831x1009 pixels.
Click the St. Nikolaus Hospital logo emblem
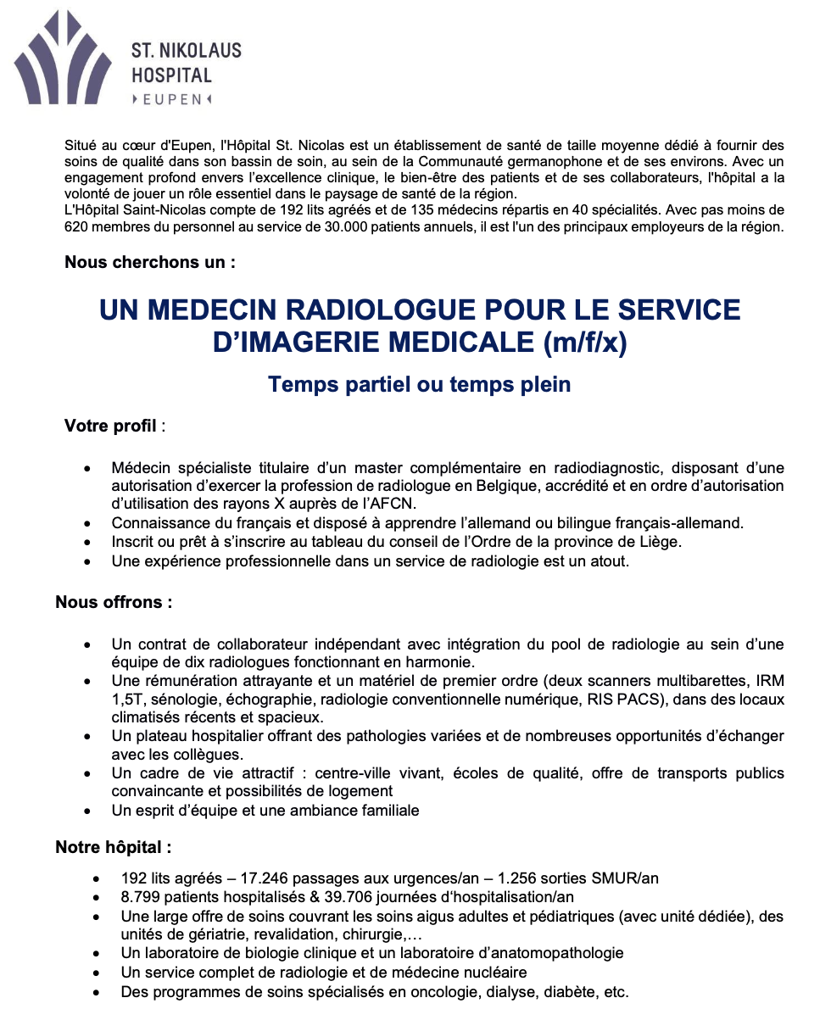coord(63,58)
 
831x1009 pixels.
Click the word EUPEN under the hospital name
coord(172,99)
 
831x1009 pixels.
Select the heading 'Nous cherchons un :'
coord(150,262)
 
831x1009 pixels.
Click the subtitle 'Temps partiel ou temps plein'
coord(419,385)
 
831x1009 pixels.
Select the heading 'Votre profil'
coord(111,426)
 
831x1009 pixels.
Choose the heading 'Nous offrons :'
coord(114,602)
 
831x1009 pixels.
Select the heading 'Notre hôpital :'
coord(114,846)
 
